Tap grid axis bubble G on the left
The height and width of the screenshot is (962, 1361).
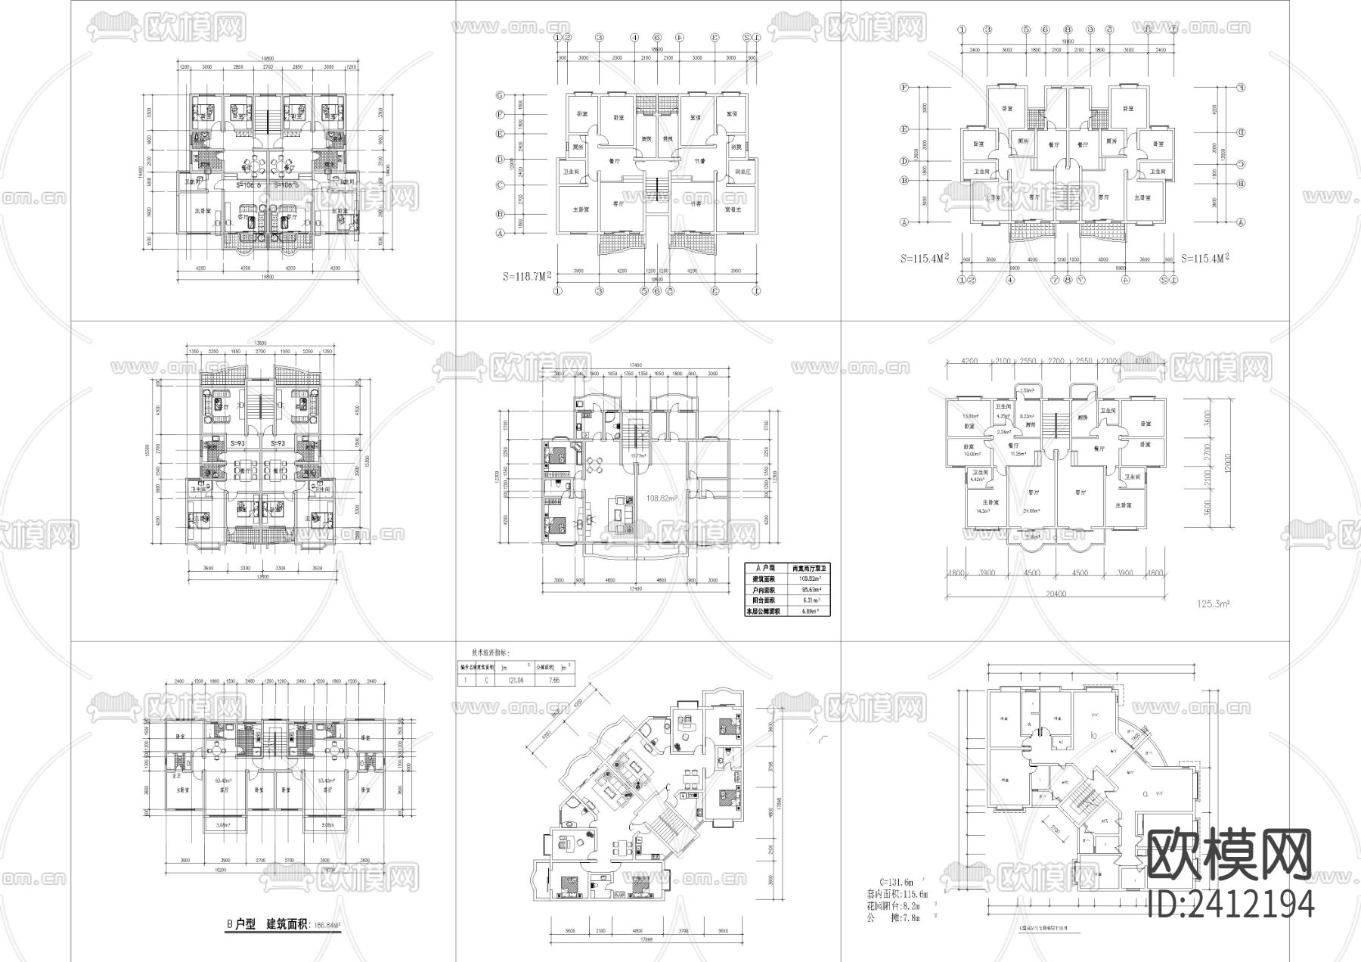coord(500,95)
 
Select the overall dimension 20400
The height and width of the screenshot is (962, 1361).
coord(1056,594)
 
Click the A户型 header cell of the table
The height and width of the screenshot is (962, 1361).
coord(764,566)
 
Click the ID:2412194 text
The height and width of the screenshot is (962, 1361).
coord(1230,903)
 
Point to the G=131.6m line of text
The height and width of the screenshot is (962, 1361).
coord(897,882)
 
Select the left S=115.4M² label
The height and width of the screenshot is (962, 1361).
coord(925,258)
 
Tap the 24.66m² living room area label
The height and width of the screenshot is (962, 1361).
coord(1031,510)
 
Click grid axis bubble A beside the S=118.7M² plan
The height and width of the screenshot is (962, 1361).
coord(500,234)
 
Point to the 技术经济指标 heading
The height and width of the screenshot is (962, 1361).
coord(491,652)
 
